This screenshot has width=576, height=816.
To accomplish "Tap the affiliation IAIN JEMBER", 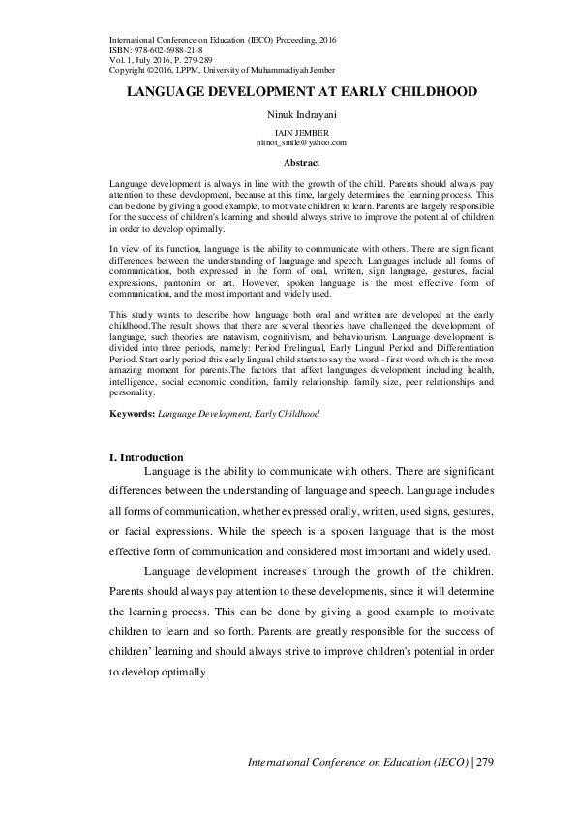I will click(x=288, y=132).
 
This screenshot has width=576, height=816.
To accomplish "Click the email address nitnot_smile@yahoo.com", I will click(x=288, y=141).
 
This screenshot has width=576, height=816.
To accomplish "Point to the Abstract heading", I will click(x=288, y=163).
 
